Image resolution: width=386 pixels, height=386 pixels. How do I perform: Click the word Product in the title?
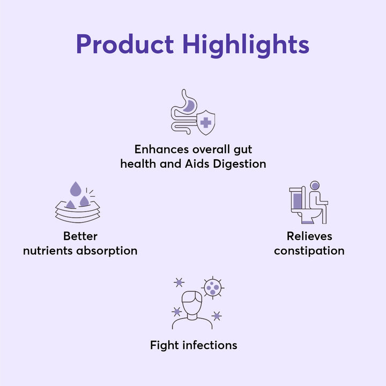coord(125,44)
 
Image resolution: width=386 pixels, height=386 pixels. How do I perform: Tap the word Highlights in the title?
coord(246,45)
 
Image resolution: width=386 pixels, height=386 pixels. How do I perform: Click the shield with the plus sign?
coord(205,122)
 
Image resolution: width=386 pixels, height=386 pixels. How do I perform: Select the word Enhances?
coord(161,149)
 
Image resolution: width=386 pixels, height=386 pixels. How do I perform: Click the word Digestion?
coord(240,164)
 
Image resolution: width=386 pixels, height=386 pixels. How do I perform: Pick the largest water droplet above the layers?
coord(76,189)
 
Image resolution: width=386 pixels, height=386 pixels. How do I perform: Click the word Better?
coord(80,236)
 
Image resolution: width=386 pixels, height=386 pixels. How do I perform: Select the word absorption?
coord(107,251)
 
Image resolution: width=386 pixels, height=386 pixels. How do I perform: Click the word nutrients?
coord(48,251)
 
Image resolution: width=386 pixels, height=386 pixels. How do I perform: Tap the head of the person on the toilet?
coord(315,185)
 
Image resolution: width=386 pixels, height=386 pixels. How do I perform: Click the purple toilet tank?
coord(297,201)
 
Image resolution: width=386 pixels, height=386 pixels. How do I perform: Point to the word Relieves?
coord(309,236)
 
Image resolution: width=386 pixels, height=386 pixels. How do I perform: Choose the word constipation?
coord(309,251)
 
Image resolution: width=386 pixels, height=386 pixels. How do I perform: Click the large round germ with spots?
coord(213,288)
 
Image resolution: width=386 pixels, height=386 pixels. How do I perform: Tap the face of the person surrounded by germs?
coord(192,303)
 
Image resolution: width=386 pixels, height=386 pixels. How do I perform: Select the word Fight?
coord(164,346)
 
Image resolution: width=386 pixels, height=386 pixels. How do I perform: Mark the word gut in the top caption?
coord(243,150)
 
